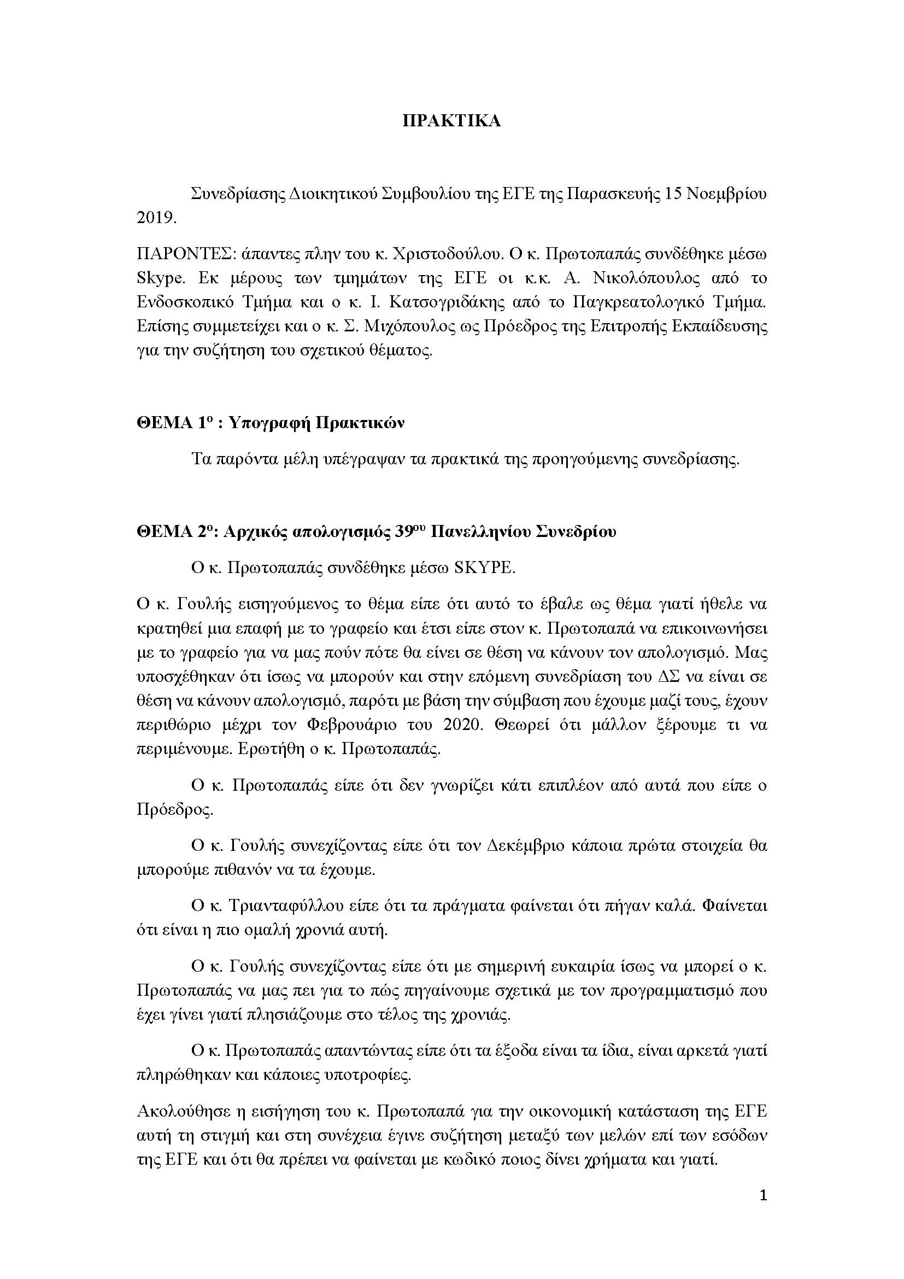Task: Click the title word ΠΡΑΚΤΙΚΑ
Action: point(451,121)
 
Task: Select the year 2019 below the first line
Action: point(156,218)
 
